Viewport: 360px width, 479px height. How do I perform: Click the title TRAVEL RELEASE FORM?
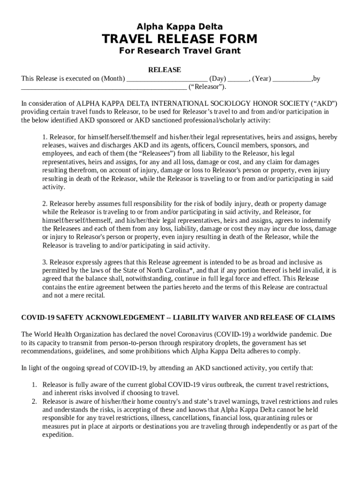point(180,38)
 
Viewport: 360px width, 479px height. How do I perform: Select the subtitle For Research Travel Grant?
point(180,51)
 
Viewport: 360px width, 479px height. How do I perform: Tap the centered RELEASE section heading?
point(165,70)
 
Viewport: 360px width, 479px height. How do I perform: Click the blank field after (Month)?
point(167,79)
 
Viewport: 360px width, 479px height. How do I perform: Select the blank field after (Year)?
point(292,79)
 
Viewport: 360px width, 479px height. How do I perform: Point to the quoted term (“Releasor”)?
point(207,87)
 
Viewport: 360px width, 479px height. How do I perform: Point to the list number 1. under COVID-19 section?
point(34,385)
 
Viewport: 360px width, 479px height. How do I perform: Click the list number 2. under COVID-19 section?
point(34,401)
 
